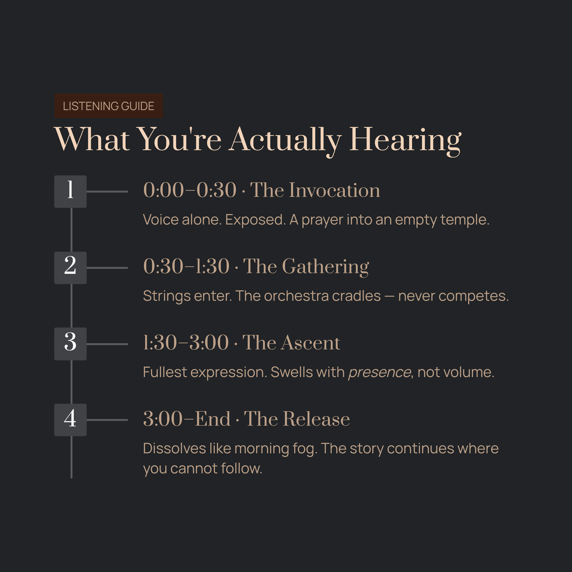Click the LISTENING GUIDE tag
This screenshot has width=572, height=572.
coord(108,106)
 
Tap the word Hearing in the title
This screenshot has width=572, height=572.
coord(405,140)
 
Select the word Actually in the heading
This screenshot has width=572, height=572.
coord(285,140)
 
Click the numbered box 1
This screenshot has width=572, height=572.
coord(70,191)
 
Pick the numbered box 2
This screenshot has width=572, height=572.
coord(70,268)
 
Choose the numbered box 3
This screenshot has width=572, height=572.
coord(70,344)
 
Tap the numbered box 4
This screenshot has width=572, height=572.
coord(70,420)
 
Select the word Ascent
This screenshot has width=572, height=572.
coord(310,343)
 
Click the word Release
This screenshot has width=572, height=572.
coord(316,419)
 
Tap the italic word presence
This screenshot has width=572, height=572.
coord(380,373)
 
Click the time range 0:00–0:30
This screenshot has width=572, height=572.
coord(190,190)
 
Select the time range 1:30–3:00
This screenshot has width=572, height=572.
coord(186,343)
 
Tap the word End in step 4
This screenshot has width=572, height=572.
coord(213,419)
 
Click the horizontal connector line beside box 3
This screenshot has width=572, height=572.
coord(107,344)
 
